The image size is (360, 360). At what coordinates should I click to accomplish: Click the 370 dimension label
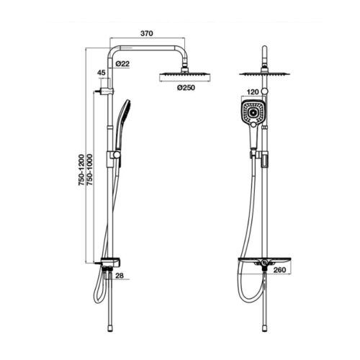pyautogui.click(x=146, y=33)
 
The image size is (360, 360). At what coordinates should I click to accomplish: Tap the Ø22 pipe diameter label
pyautogui.click(x=122, y=64)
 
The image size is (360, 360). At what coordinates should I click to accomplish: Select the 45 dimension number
pyautogui.click(x=102, y=73)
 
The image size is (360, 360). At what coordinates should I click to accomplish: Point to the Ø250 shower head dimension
pyautogui.click(x=186, y=88)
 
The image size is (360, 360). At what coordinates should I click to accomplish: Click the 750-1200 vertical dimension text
pyautogui.click(x=81, y=170)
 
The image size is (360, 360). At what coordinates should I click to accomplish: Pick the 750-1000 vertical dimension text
pyautogui.click(x=89, y=170)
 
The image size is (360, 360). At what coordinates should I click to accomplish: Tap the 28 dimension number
pyautogui.click(x=120, y=276)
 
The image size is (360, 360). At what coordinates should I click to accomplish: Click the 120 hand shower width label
pyautogui.click(x=253, y=92)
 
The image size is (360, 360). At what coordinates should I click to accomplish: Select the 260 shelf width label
pyautogui.click(x=279, y=270)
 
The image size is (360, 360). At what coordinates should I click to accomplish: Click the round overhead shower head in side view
pyautogui.click(x=185, y=77)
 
